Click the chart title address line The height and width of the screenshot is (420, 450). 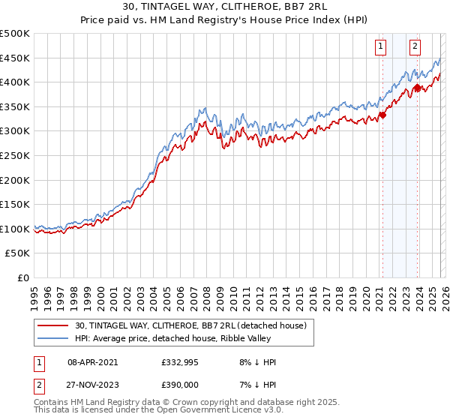[x=224, y=7]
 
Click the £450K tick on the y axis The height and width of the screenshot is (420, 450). [x=15, y=58]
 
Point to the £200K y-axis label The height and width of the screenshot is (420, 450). [x=15, y=180]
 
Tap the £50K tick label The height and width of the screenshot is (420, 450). [x=18, y=253]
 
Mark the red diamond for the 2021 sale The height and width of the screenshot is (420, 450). [x=382, y=115]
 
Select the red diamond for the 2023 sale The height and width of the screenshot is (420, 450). [x=417, y=88]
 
